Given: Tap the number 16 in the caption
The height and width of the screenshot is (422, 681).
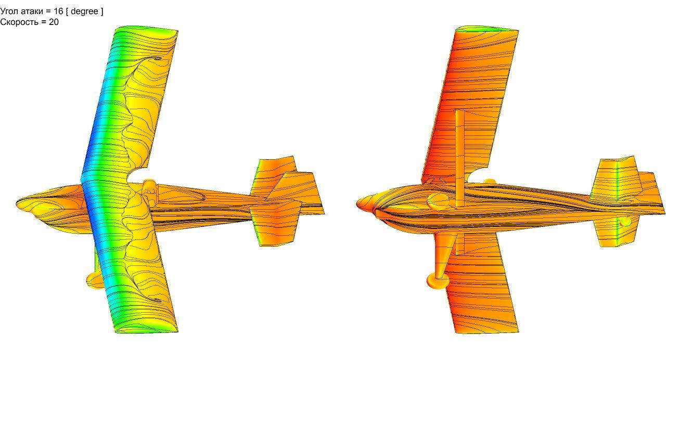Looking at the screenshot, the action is (x=58, y=11).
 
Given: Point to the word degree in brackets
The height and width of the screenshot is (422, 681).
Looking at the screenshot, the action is (x=84, y=11).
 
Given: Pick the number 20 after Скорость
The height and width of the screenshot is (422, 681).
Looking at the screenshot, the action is (x=54, y=22).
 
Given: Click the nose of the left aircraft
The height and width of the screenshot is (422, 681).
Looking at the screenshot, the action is (x=18, y=203).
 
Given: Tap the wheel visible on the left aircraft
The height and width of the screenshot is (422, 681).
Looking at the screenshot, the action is (x=95, y=280).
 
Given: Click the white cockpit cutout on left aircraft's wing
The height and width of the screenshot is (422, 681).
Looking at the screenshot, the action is (x=137, y=174).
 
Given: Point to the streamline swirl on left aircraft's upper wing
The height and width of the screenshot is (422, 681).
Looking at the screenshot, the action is (x=157, y=58).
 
